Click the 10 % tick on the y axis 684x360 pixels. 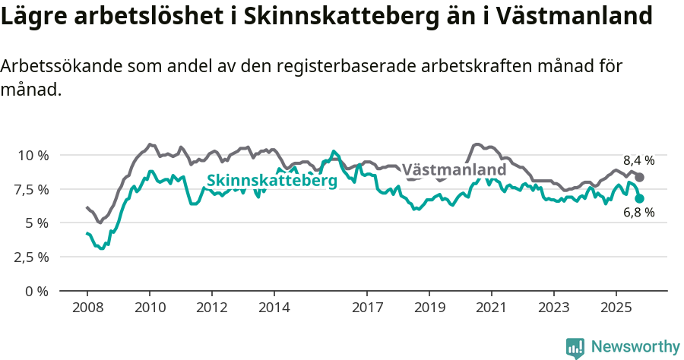33,155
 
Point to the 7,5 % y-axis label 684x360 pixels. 33,189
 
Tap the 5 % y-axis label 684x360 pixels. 38,223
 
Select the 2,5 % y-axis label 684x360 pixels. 33,257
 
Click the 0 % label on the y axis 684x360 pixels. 38,291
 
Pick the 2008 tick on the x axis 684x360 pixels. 87,308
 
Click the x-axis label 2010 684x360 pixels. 150,308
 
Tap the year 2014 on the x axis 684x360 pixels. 274,308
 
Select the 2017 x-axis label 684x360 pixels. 367,308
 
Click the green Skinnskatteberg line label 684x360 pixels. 271,181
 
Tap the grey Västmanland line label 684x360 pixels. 454,169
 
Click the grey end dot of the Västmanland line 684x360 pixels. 639,177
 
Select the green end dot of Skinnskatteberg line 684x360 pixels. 639,198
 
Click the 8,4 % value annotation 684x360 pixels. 638,160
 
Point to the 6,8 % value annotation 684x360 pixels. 638,213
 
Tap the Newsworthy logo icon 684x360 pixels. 575,347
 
